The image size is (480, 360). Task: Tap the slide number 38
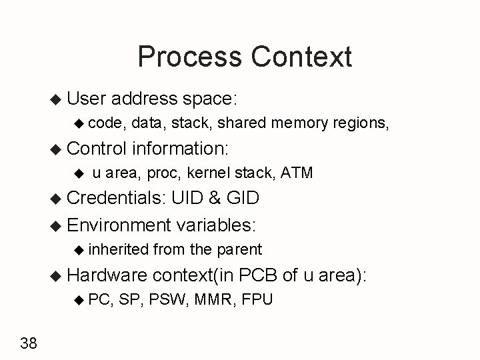29,343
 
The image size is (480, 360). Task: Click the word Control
97,147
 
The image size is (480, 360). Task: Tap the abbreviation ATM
297,173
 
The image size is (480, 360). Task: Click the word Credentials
117,198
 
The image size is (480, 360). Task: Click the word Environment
119,225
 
